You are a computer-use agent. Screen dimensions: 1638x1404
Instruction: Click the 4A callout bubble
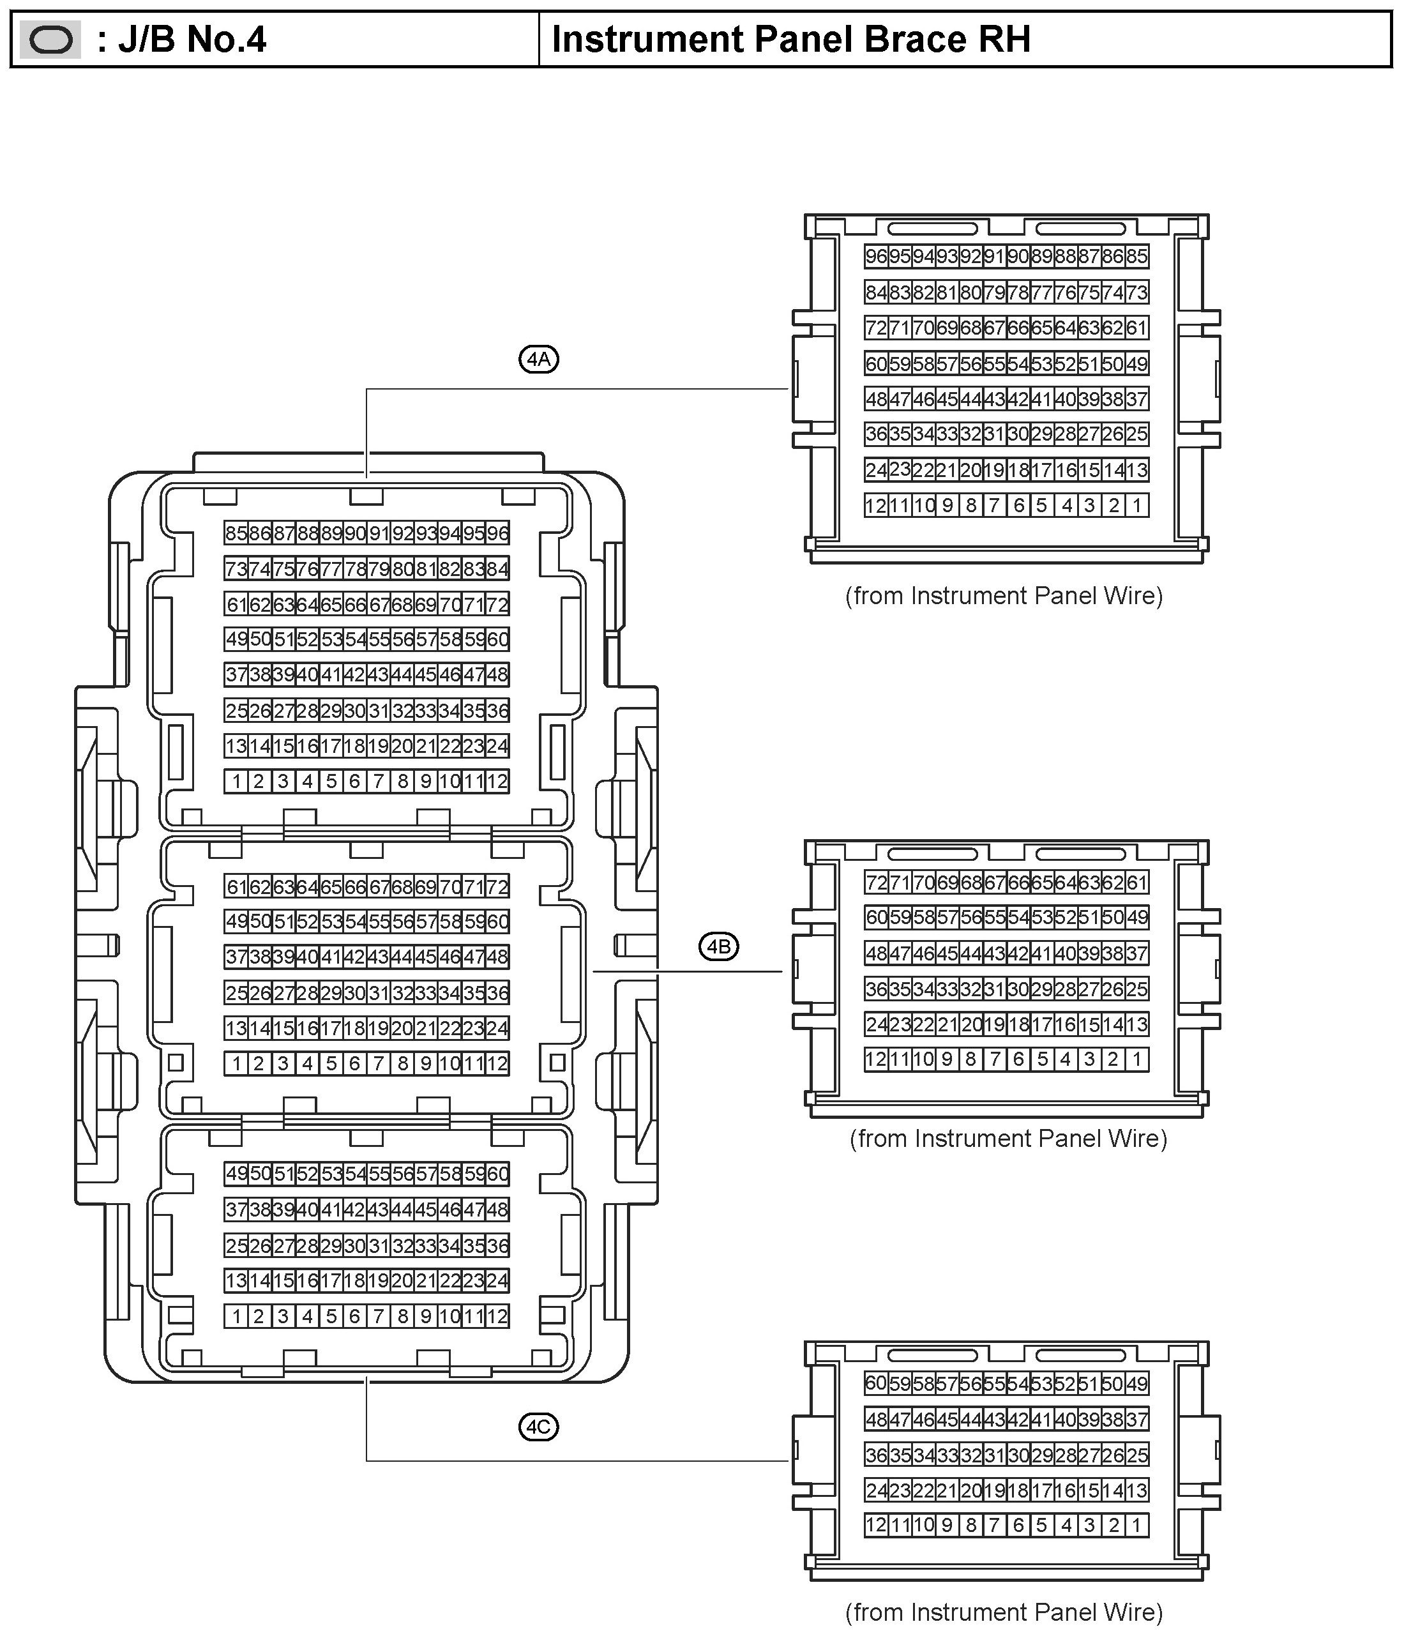[x=538, y=360]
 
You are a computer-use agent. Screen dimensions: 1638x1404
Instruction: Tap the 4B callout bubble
[x=719, y=946]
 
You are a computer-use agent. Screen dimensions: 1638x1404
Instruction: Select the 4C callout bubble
[x=538, y=1427]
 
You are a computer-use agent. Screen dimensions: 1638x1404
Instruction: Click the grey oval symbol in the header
[x=50, y=40]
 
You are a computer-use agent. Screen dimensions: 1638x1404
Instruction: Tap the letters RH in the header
[x=1006, y=40]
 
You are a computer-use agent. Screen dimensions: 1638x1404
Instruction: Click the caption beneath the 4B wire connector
[x=1008, y=1139]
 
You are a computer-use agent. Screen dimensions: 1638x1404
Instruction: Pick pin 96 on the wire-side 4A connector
[x=876, y=256]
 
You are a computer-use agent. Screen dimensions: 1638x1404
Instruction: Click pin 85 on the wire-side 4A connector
[x=1136, y=256]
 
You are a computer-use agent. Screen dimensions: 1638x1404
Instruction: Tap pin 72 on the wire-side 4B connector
[x=876, y=883]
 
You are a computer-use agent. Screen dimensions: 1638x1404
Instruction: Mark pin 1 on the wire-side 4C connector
[x=1136, y=1525]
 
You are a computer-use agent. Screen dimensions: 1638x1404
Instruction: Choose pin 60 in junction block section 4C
[x=497, y=1174]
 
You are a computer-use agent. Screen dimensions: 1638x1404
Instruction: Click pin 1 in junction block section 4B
[x=236, y=1063]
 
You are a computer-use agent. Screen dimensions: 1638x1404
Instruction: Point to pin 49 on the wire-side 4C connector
[x=1136, y=1383]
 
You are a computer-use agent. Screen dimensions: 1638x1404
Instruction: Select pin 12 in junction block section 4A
[x=497, y=782]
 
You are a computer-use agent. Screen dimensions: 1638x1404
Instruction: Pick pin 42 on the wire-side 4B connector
[x=1018, y=953]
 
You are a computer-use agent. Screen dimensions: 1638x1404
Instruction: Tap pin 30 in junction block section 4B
[x=355, y=992]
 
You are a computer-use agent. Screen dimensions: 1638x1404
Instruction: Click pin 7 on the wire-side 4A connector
[x=995, y=505]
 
